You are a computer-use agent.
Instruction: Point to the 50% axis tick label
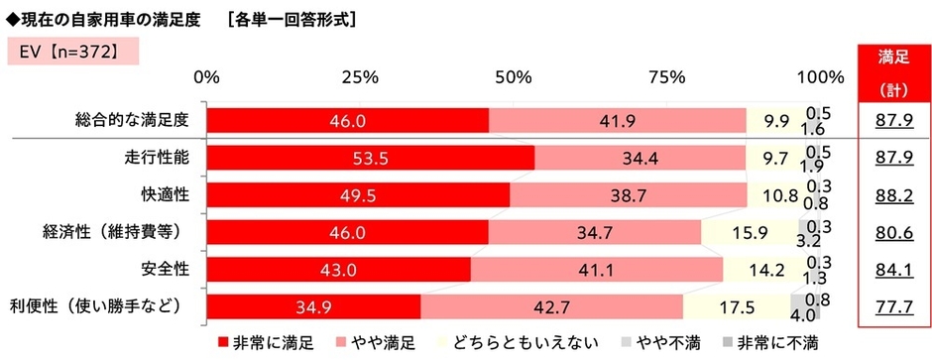tap(513, 77)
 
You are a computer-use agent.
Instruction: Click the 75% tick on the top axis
tap(665, 77)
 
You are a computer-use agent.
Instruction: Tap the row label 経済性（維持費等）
tap(118, 230)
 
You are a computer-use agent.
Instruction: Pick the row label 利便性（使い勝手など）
tap(102, 303)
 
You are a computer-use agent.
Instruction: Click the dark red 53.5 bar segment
tap(371, 158)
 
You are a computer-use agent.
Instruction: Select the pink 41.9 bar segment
tap(617, 120)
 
